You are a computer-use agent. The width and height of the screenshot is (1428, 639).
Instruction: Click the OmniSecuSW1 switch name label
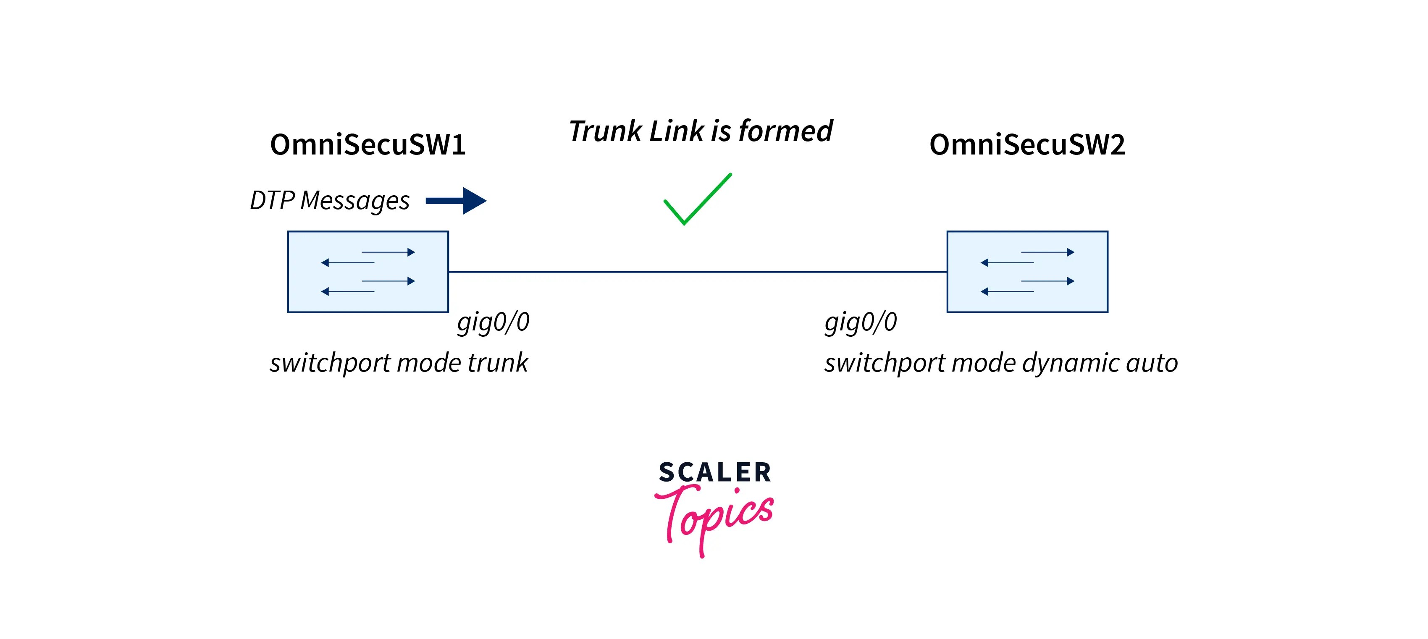coord(367,145)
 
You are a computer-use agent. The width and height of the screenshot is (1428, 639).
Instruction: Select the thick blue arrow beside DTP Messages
coord(456,201)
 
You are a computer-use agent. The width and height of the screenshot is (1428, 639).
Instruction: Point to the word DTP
coord(272,201)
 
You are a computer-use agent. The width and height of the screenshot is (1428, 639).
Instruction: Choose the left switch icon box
coord(367,272)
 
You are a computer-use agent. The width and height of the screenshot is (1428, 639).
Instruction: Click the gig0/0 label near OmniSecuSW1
coord(493,322)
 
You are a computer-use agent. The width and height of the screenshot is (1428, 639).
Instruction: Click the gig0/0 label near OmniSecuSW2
coord(860,322)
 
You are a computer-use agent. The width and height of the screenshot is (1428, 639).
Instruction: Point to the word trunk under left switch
coord(497,364)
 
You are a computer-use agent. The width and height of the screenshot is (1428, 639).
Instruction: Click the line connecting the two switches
coord(697,272)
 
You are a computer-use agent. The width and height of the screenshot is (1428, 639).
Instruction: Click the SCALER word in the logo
coord(714,472)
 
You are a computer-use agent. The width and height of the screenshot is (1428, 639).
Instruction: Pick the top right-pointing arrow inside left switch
coord(388,252)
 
